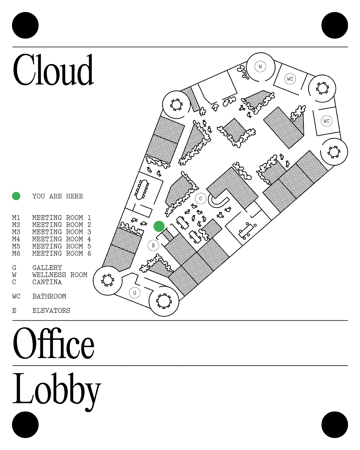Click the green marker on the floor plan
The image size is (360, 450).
pos(159,226)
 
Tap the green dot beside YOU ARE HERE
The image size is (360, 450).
pos(16,196)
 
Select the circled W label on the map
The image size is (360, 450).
pos(260,66)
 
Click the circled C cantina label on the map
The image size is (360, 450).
pos(201,199)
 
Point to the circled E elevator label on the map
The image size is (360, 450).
pos(153,246)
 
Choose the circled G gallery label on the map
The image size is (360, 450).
pos(135,293)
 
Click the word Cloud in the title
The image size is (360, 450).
pos(53,70)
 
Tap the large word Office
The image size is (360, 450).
pos(53,343)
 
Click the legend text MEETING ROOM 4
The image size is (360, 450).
pos(61,239)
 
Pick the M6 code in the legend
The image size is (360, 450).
pos(16,253)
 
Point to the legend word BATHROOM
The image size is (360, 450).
pos(49,296)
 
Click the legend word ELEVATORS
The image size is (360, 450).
pos(51,311)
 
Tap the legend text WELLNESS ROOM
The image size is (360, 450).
pos(60,275)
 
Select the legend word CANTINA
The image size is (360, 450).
pos(47,282)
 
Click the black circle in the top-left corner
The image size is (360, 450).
pos(25,25)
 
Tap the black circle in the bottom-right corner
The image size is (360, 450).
pos(335,425)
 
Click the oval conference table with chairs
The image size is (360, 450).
pos(142,189)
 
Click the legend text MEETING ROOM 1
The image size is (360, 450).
pos(61,218)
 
